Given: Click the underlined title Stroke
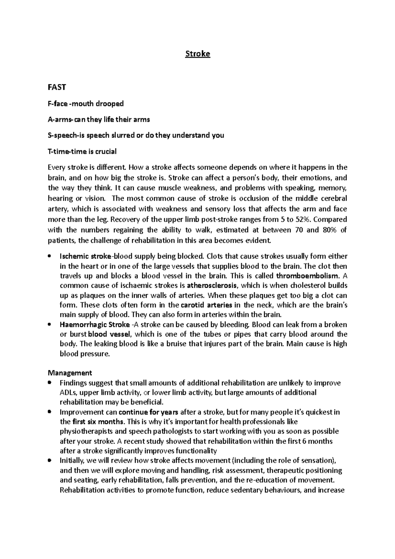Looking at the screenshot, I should click(x=197, y=54).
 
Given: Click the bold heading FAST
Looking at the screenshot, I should click(x=57, y=87).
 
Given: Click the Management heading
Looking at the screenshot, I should click(x=70, y=373).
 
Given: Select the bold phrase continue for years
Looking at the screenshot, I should click(x=148, y=412).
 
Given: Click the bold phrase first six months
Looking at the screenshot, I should click(x=98, y=422).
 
